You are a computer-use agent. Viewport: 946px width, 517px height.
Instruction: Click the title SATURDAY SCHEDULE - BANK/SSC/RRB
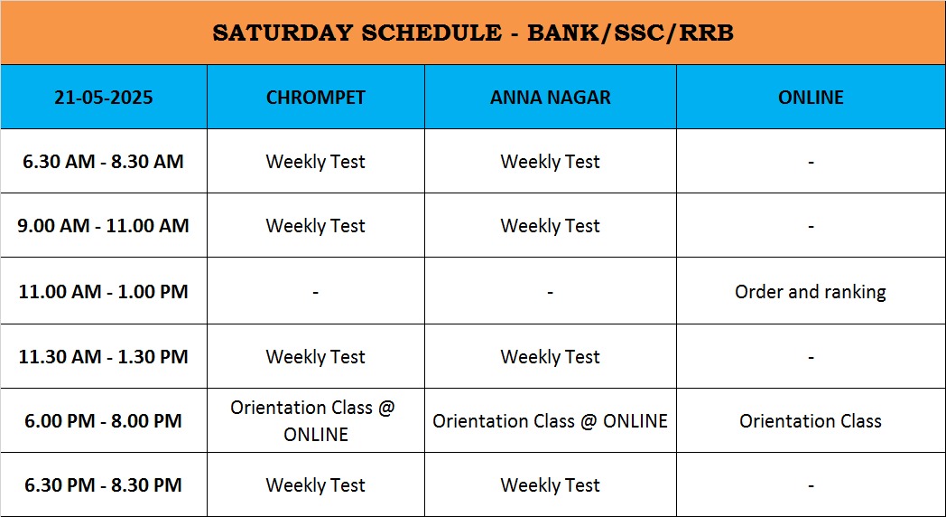click(473, 33)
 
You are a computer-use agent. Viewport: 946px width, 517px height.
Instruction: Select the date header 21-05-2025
click(104, 98)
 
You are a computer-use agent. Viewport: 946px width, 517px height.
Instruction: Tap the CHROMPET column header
click(316, 98)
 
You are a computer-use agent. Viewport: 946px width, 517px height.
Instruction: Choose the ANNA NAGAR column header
click(551, 98)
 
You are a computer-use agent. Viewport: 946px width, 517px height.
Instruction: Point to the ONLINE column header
click(811, 98)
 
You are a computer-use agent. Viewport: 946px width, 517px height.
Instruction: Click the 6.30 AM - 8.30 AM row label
click(103, 161)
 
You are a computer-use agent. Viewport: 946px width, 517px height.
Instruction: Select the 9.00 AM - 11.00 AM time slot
click(103, 225)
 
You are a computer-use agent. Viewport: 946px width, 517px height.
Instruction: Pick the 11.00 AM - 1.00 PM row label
click(103, 292)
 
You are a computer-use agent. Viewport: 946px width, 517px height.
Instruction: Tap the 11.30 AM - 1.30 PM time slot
click(103, 356)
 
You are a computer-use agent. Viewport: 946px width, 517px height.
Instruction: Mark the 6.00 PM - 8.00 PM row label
click(103, 421)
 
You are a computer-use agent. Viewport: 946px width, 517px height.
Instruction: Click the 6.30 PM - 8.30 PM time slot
click(103, 485)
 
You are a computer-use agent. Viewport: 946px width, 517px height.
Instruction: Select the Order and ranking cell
click(811, 292)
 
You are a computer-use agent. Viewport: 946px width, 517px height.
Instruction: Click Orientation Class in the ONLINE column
click(811, 421)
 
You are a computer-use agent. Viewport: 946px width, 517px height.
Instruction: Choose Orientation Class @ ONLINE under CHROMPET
click(313, 421)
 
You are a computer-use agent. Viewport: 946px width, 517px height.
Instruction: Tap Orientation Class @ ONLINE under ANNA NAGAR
click(551, 421)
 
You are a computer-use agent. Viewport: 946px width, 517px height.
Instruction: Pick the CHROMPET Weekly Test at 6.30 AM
click(316, 162)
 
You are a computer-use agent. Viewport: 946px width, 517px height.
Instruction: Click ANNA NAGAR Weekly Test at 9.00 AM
click(551, 226)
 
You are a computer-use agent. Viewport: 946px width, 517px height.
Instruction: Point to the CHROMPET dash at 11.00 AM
click(316, 293)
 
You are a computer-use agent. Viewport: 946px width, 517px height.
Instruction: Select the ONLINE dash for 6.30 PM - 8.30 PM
click(811, 485)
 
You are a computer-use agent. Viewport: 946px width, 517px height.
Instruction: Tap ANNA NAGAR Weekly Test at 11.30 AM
click(551, 357)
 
